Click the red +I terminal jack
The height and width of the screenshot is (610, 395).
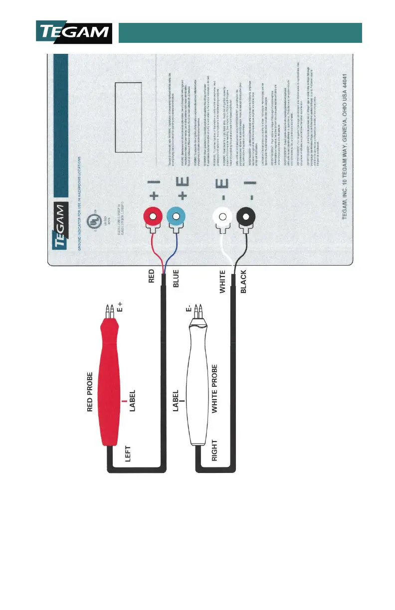tap(152, 217)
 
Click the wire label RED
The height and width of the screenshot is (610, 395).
tap(152, 277)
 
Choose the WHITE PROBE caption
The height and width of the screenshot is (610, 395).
tap(214, 389)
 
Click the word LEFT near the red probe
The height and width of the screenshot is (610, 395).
tap(128, 455)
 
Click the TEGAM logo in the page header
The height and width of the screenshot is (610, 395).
tap(74, 32)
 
